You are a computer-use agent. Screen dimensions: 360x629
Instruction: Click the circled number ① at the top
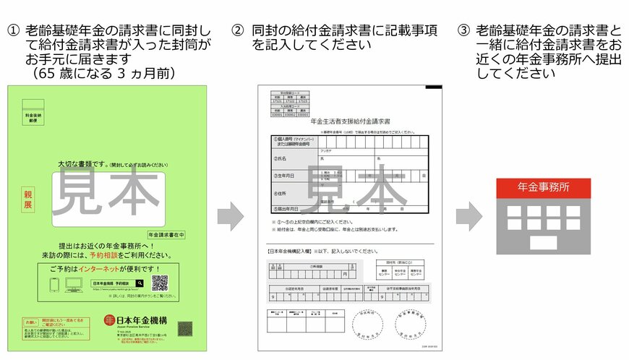(13, 30)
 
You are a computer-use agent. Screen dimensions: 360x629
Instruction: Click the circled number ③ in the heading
(463, 30)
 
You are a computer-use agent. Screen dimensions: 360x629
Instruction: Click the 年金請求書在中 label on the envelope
(166, 234)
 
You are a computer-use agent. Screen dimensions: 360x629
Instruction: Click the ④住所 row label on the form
(282, 194)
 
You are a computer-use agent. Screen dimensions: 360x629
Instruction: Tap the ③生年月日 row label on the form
(286, 175)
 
